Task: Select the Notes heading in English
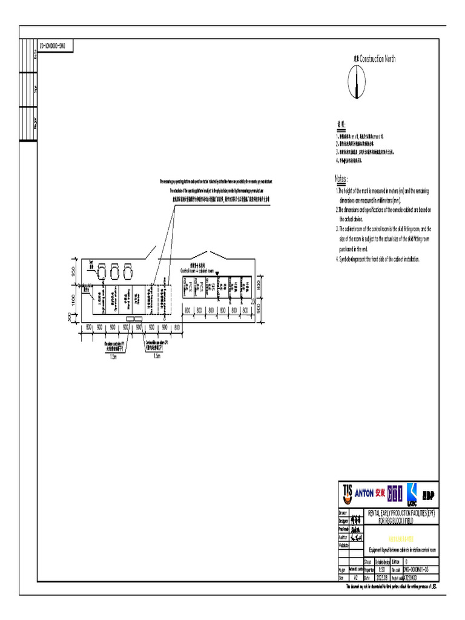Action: (x=341, y=179)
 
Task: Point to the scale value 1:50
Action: (x=381, y=570)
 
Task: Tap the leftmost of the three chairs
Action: (x=101, y=268)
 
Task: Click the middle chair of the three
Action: (x=114, y=268)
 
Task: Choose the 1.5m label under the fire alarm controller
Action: (x=113, y=356)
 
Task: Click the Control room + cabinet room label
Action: (x=197, y=270)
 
